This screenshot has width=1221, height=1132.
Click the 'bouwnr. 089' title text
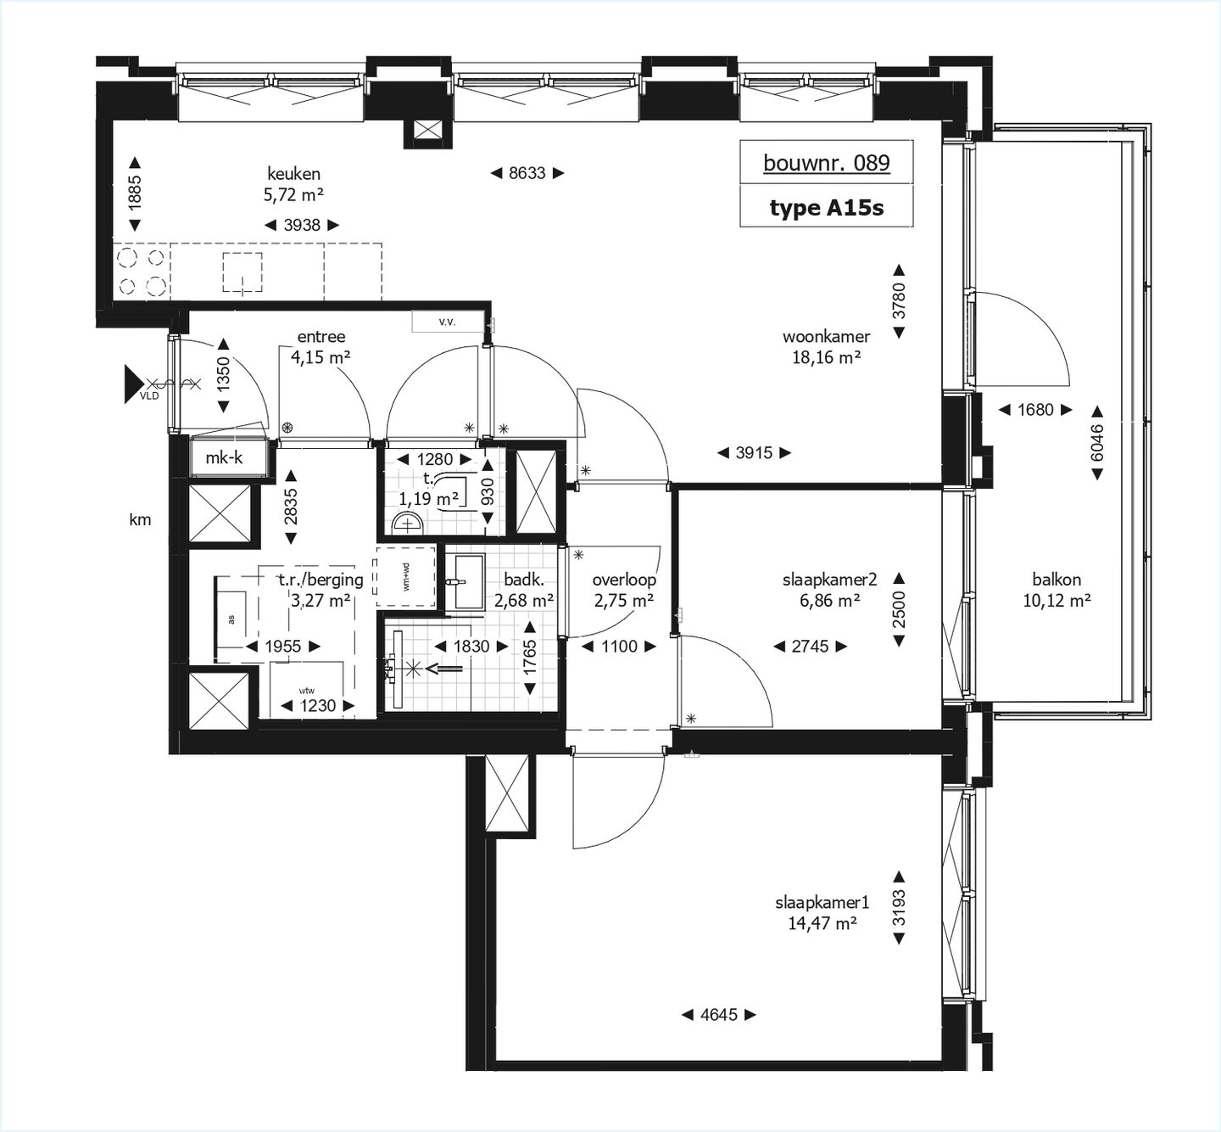[x=826, y=163]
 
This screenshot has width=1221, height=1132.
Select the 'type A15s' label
[x=826, y=208]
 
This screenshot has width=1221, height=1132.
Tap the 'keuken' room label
[x=293, y=174]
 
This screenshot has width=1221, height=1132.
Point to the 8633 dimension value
[x=527, y=173]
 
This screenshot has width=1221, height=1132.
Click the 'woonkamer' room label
[x=826, y=337]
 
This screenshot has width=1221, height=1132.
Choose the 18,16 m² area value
[x=826, y=357]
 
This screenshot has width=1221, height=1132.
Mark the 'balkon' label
[x=1056, y=580]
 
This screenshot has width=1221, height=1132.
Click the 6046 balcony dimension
[x=1097, y=442]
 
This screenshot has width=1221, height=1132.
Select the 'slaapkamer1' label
[x=822, y=903]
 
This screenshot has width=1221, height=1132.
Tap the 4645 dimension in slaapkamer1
[x=718, y=1014]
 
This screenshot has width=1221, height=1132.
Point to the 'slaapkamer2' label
[x=828, y=580]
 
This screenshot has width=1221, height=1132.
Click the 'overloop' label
[x=623, y=580]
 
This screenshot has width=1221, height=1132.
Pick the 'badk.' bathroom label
[x=523, y=580]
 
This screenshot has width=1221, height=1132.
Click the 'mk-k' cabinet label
[x=224, y=458]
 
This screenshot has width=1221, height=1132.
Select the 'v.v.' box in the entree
[x=447, y=322]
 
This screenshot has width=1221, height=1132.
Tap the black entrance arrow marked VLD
[x=134, y=384]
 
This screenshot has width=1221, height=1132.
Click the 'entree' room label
[x=321, y=337]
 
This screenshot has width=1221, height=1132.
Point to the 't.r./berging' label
[x=321, y=580]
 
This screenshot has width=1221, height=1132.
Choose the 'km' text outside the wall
[x=140, y=519]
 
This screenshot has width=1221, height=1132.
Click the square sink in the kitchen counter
[x=243, y=272]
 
